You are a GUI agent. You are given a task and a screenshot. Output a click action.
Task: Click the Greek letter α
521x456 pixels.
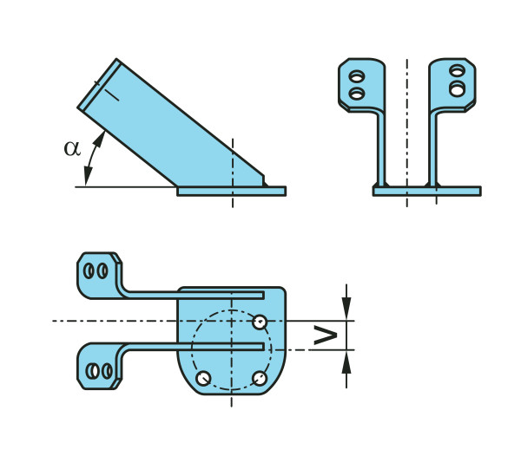coord(72,148)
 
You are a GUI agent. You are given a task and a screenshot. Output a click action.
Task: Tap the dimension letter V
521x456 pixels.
coord(326,335)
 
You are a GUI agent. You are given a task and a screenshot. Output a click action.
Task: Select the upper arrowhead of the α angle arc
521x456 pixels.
coord(100,139)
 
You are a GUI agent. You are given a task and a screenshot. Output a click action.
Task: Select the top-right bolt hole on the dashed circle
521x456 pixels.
coord(260,322)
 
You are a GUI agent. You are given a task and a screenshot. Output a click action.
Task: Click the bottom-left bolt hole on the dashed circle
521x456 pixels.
coord(203,378)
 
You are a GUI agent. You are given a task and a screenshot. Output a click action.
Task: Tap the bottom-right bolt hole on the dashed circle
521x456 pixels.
coord(260,378)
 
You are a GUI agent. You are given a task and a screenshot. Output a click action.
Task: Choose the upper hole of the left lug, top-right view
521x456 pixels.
coord(357,76)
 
